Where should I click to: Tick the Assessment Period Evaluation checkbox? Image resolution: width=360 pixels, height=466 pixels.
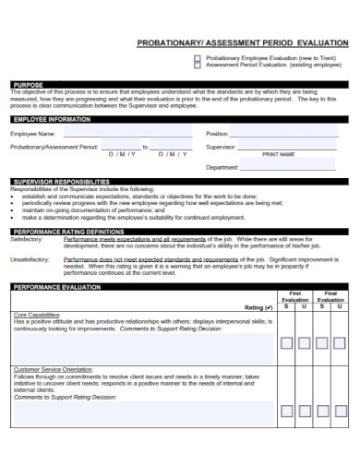click(196, 66)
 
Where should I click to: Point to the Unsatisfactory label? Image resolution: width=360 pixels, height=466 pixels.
click(29, 260)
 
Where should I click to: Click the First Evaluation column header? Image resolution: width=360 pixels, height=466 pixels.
click(295, 298)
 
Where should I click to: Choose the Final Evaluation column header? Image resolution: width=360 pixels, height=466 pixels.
click(330, 298)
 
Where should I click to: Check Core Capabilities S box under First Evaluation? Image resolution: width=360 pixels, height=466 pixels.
click(287, 342)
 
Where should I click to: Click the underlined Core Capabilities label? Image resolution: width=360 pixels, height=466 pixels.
click(33, 315)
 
